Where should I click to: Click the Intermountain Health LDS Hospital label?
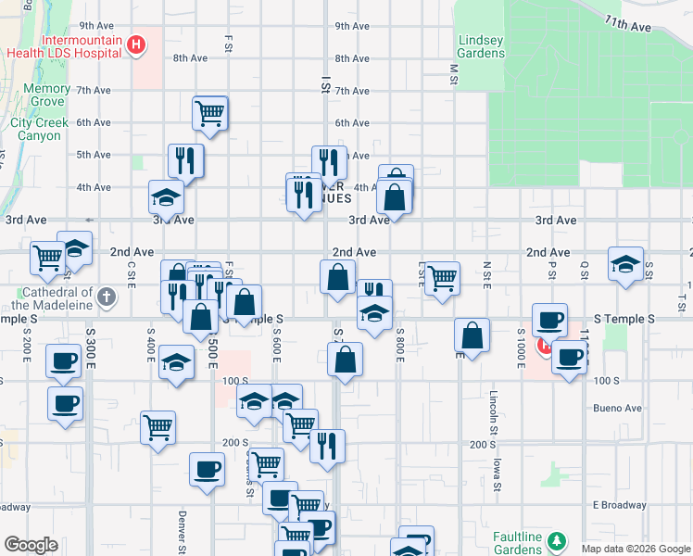[x=64, y=45]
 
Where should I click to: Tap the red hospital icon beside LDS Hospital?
[x=137, y=44]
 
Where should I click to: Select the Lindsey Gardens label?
[x=482, y=46]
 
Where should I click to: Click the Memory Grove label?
[x=46, y=95]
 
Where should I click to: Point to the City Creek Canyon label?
[x=36, y=129]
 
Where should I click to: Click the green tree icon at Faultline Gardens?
[x=556, y=539]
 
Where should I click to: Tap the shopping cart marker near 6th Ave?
[x=210, y=113]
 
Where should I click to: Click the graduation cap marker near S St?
[x=625, y=263]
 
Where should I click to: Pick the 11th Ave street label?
[x=628, y=23]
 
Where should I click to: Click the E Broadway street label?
[x=620, y=505]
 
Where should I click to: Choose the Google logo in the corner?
[x=31, y=545]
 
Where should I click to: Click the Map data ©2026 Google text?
[x=635, y=549]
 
